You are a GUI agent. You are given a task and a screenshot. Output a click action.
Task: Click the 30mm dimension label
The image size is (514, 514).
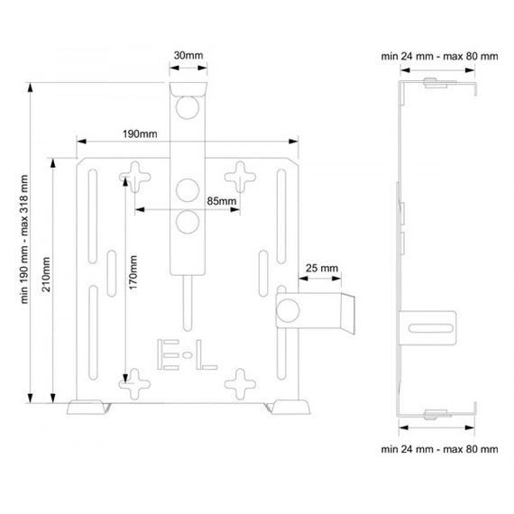coord(188,55)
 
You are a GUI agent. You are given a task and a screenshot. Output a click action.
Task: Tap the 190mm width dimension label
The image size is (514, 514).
coord(140,133)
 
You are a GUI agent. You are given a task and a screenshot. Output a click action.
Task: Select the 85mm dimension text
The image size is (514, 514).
coord(222,201)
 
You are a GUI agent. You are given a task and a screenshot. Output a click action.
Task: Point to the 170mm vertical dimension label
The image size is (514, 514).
coord(133,272)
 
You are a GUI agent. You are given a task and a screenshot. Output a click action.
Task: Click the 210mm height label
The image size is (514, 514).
coord(46,275)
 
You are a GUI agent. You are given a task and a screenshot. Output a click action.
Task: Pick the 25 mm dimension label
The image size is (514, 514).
coord(322,268)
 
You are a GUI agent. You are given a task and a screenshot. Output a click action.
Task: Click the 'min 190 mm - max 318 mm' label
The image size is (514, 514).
coord(24,239)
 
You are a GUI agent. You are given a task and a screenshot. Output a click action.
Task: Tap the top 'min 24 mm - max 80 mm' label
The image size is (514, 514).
coord(439,56)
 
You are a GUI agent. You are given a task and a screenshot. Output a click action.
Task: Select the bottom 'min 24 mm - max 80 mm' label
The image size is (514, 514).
coord(439,449)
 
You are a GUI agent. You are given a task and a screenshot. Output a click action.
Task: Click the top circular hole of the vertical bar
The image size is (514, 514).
coord(188,107)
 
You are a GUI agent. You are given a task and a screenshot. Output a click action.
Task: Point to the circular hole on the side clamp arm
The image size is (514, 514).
coord(288,310)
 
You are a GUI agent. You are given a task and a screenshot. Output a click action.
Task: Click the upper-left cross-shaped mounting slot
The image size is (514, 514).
coord(134,177)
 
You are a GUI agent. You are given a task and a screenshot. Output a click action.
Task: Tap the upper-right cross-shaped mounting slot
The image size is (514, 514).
coord(240,177)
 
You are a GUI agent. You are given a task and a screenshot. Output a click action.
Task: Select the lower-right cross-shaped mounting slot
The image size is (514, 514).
coord(240,384)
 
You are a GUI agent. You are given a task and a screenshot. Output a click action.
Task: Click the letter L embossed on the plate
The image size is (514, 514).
coord(207,354)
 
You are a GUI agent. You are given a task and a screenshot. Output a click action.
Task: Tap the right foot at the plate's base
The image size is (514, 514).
coord(288,407)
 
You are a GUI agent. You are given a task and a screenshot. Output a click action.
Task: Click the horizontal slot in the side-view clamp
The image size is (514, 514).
coord(431,328)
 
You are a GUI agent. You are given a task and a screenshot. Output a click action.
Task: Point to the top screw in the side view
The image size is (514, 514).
coord(436,83)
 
